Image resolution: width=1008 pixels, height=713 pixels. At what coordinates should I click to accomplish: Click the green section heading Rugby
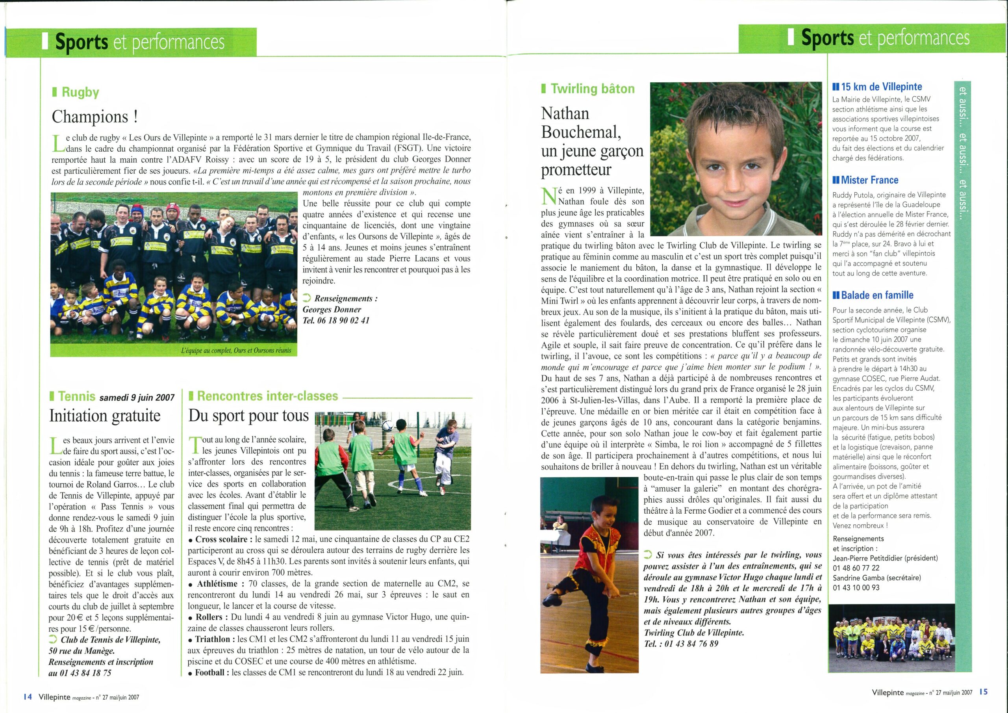pyautogui.click(x=80, y=92)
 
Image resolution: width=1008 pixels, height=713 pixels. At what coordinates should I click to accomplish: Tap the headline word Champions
pyautogui.click(x=91, y=117)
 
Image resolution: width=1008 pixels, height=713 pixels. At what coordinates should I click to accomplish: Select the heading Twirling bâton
pyautogui.click(x=593, y=89)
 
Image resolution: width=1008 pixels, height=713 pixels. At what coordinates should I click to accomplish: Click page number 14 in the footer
pyautogui.click(x=28, y=696)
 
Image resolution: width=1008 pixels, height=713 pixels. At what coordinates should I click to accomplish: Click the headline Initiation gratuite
pyautogui.click(x=105, y=416)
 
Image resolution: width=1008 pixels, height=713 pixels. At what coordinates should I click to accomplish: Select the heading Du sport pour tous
pyautogui.click(x=248, y=416)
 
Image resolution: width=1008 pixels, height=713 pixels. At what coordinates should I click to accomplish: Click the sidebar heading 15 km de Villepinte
pyautogui.click(x=883, y=87)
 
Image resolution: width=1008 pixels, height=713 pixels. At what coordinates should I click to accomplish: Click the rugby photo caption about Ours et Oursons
pyautogui.click(x=235, y=351)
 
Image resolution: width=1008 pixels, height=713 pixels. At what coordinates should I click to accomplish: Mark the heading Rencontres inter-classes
pyautogui.click(x=267, y=396)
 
